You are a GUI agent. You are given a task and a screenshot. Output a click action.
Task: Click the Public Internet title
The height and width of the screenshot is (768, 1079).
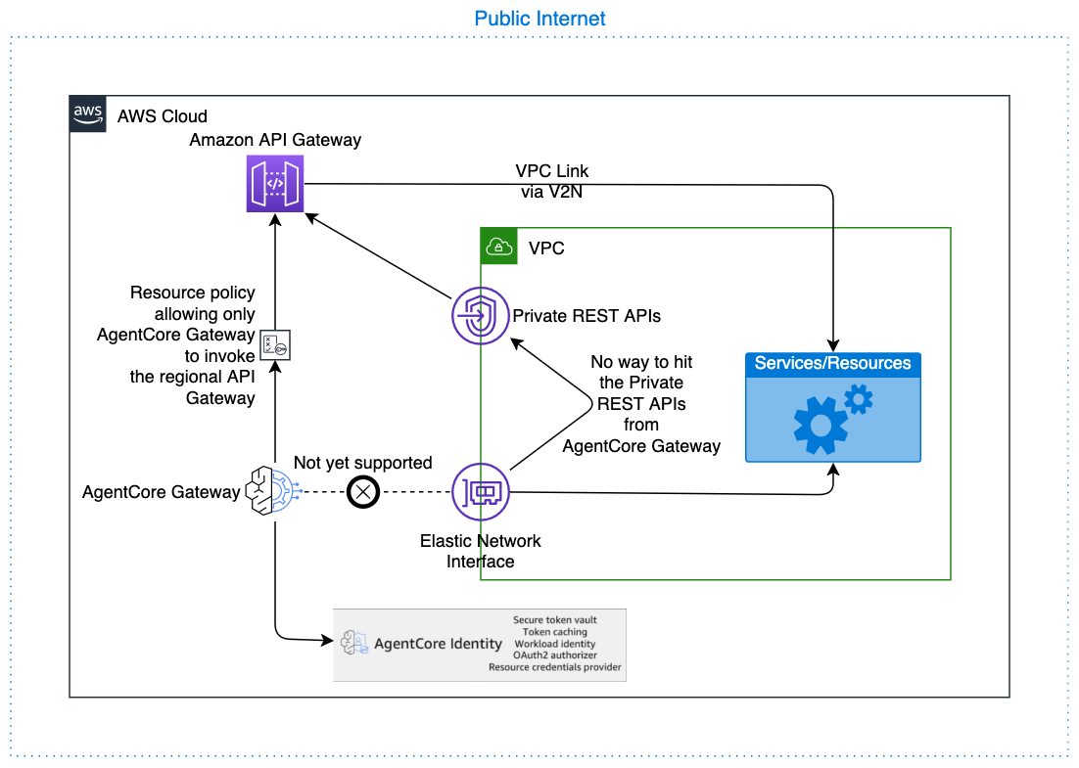539,19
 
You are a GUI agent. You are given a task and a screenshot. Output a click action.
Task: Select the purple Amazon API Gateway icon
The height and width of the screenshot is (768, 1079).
275,183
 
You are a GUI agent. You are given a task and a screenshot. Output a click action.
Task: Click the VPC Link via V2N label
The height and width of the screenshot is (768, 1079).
552,182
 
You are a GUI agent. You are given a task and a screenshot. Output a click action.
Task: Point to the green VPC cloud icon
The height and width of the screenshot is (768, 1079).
498,248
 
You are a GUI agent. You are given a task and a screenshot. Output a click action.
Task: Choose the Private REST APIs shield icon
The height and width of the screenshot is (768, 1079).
480,316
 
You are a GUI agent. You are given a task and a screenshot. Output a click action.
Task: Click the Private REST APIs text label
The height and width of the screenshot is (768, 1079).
586,316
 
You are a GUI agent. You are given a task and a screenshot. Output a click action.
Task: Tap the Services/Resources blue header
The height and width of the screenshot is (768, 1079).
832,364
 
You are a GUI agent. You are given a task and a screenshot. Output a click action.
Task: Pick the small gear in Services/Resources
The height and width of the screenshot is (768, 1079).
858,399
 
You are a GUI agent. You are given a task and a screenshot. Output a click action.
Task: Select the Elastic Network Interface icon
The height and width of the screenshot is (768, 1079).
480,492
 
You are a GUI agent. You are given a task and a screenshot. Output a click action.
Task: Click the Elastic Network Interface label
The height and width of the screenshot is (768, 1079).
480,551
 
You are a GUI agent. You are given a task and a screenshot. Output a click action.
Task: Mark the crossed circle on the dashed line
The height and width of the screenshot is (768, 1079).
364,492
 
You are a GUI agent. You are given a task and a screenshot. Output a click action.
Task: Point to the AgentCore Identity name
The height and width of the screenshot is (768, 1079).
438,644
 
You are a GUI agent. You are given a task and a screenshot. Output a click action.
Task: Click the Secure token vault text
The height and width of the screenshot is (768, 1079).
554,620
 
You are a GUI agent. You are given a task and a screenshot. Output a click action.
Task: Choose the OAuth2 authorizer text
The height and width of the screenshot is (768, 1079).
554,655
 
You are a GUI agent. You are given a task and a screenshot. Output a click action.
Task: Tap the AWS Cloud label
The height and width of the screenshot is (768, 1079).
163,116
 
